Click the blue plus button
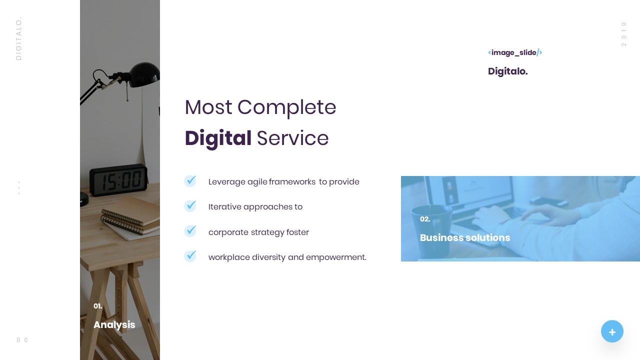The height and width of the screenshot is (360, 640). [612, 331]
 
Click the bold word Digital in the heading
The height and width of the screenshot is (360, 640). [218, 138]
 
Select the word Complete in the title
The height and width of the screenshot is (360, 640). [286, 107]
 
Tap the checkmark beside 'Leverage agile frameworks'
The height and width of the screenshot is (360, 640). [190, 181]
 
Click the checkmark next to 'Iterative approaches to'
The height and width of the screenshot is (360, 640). [190, 206]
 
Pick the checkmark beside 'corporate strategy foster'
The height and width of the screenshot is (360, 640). [190, 231]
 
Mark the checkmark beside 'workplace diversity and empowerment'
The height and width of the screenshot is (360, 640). [190, 256]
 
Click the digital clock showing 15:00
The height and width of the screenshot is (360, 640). [118, 179]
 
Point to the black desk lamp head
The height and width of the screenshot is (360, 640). [145, 73]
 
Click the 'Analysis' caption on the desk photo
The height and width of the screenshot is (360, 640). [114, 325]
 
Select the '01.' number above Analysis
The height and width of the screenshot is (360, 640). [98, 306]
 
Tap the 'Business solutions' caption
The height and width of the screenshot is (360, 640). [465, 238]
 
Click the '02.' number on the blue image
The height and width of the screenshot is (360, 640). [425, 219]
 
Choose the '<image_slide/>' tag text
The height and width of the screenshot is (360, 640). [515, 52]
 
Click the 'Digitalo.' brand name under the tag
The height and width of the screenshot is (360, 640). [507, 71]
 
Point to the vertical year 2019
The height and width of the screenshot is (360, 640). [624, 34]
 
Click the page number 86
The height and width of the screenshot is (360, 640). [22, 340]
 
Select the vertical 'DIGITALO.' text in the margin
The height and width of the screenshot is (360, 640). [19, 39]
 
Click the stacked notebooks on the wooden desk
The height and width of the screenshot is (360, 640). [129, 219]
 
